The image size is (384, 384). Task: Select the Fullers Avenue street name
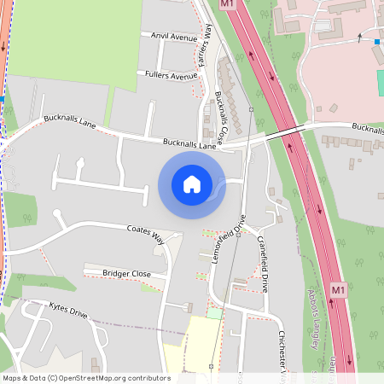(x=172, y=75)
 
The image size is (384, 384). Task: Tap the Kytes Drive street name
(x=68, y=310)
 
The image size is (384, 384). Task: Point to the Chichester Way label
(x=281, y=350)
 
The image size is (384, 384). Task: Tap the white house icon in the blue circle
(x=191, y=184)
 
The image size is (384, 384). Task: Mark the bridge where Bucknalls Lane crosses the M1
(x=283, y=132)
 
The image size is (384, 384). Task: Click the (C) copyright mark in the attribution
(x=52, y=377)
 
